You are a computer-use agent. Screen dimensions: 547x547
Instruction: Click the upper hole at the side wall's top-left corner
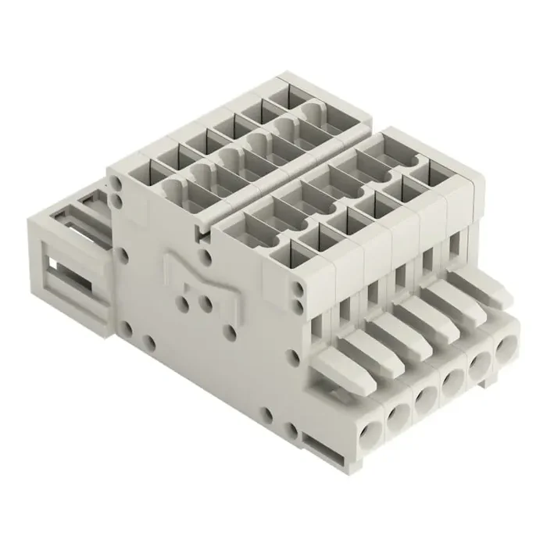116,181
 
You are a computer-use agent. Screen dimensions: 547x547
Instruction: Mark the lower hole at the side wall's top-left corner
117,191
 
